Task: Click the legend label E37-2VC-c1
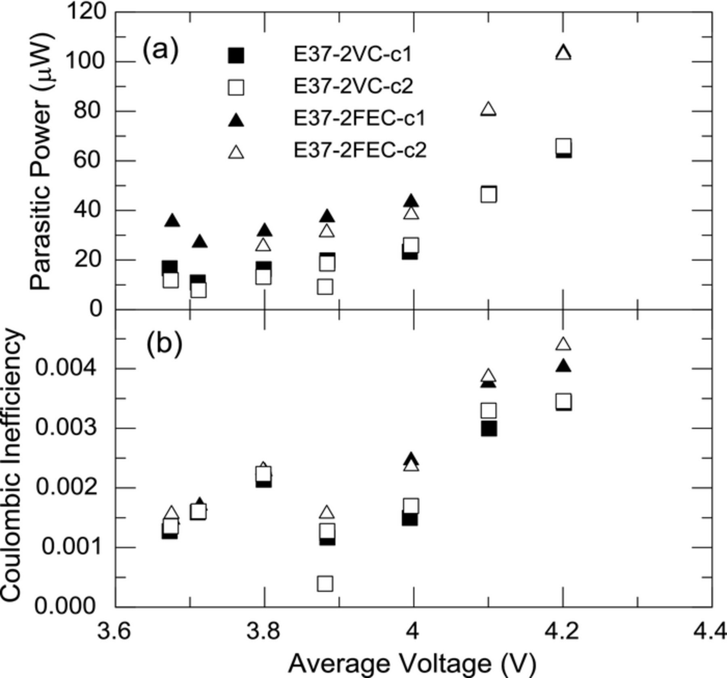[353, 55]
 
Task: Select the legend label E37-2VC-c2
[353, 86]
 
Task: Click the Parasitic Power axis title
[42, 162]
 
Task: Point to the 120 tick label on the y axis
[86, 11]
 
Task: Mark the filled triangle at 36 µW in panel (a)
[172, 220]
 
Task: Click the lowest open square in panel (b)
[325, 584]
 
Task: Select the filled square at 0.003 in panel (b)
[489, 429]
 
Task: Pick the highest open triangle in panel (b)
[563, 344]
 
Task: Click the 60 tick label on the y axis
[87, 160]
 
